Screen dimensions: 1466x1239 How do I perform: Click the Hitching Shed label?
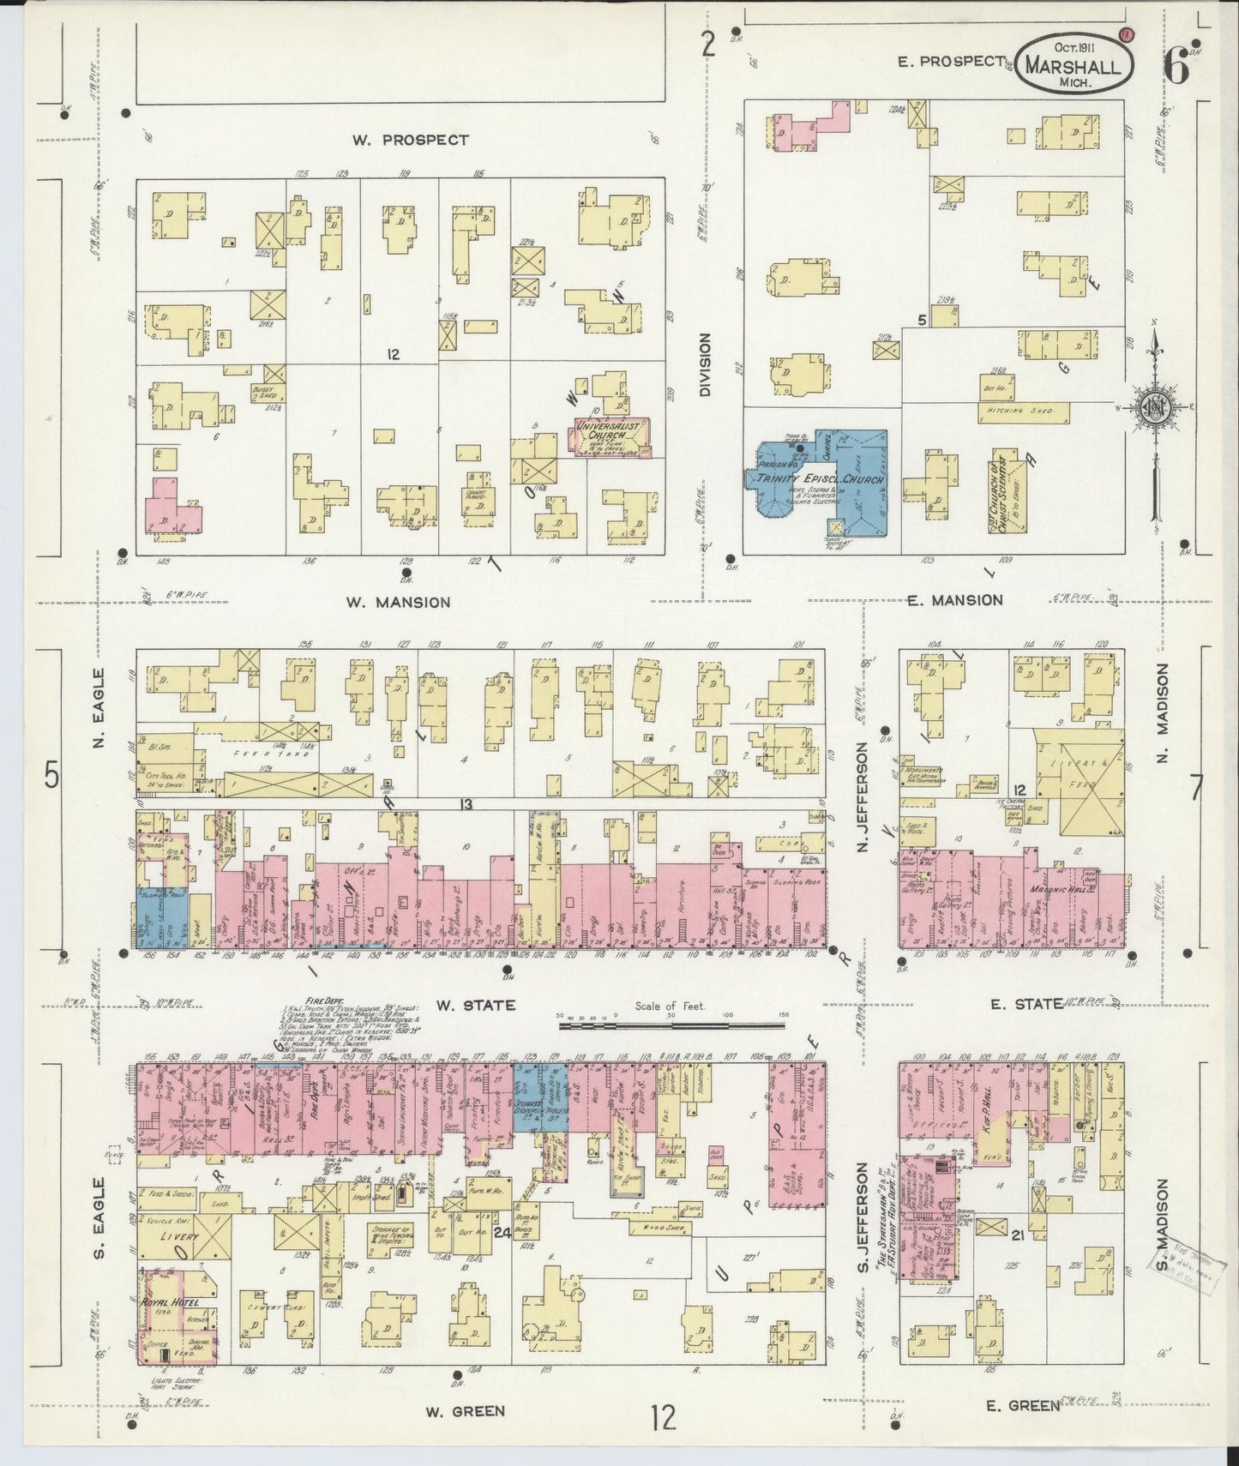pyautogui.click(x=1023, y=412)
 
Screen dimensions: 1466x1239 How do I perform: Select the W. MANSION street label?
pyautogui.click(x=398, y=602)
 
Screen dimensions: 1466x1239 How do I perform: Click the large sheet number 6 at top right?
pyautogui.click(x=1177, y=67)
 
